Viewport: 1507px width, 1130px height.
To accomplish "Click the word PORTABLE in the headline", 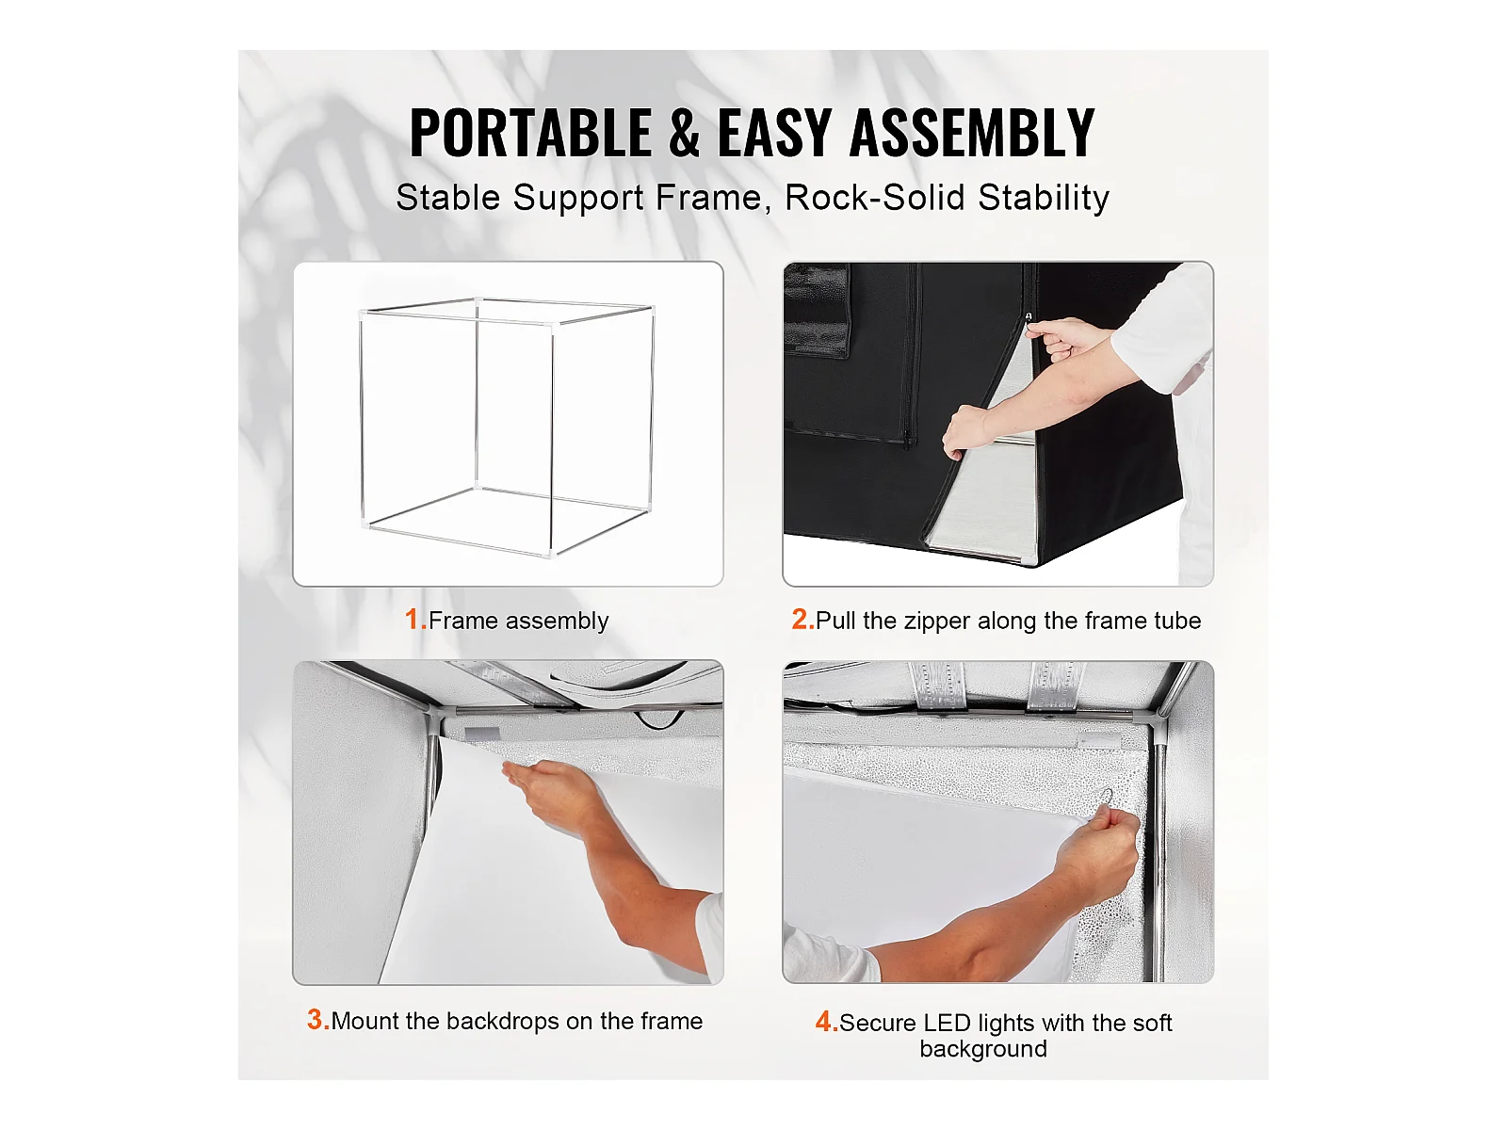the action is coord(530,133).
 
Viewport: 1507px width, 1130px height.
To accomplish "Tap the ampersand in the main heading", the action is coord(684,133).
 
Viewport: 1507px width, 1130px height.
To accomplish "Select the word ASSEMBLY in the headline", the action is coord(971,133).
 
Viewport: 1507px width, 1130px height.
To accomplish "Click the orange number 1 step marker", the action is coord(415,619).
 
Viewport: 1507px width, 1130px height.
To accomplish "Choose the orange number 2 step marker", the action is coord(802,619).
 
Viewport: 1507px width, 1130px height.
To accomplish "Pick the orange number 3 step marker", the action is coord(317,1020).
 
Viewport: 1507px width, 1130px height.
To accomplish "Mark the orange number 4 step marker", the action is coord(827,1022).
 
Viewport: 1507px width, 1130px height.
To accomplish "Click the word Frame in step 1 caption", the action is coord(462,621).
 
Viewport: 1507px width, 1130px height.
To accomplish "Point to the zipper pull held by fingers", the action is coord(1029,320).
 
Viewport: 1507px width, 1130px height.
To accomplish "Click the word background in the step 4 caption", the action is coord(983,1049).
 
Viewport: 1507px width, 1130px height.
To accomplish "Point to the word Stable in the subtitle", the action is coord(448,198).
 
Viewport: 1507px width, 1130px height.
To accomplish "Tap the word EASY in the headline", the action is coord(774,133).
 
